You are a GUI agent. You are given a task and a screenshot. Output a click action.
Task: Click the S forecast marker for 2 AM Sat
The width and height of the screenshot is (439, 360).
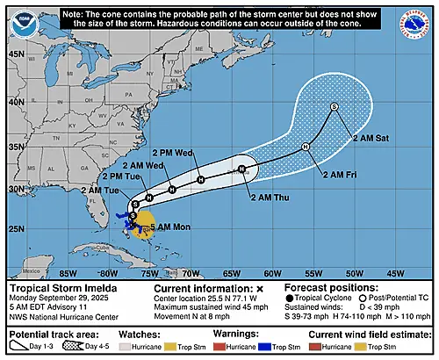click(334, 107)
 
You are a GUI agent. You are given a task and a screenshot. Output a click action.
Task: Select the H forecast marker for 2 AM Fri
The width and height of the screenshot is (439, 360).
click(305, 146)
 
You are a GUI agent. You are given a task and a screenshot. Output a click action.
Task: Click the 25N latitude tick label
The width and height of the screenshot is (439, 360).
click(15, 229)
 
